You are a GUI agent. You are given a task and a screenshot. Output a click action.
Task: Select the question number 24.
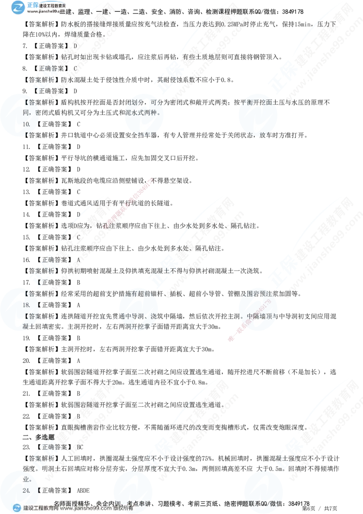click(26, 491)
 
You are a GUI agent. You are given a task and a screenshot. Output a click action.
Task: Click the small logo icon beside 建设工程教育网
click(17, 508)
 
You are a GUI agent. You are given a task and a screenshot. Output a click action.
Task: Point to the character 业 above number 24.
click(25, 479)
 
